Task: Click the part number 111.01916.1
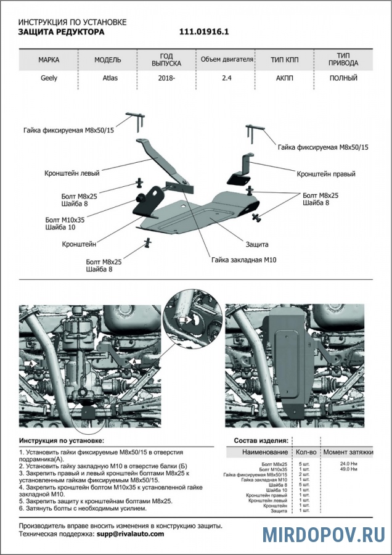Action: (204, 31)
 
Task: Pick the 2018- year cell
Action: (166, 78)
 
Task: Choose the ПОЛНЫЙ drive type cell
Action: (343, 78)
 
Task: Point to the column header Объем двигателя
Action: (226, 60)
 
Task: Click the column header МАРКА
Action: (49, 60)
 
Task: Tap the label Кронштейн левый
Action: (72, 173)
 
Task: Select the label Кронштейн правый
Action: (326, 174)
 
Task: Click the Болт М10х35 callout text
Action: (65, 218)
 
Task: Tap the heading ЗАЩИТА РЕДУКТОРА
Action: (61, 31)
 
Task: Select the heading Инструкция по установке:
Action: (62, 441)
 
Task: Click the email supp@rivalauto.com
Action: (130, 534)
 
